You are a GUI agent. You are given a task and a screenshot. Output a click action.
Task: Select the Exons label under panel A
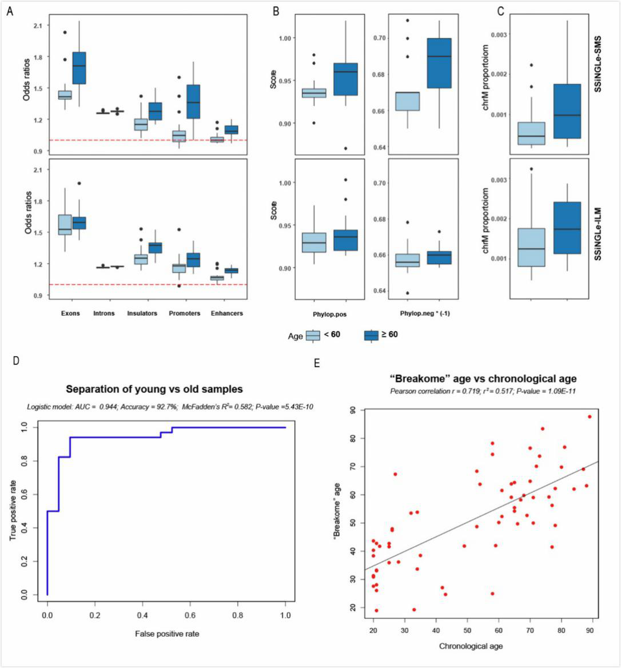coord(70,313)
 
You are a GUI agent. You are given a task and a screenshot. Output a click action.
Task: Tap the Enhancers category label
coord(226,313)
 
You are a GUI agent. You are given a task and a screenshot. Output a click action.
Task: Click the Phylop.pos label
coord(331,314)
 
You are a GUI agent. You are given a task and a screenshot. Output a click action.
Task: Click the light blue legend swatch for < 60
coord(313,335)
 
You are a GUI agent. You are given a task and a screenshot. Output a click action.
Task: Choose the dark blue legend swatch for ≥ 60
coord(372,335)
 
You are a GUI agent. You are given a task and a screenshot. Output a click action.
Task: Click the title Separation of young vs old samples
coord(154,389)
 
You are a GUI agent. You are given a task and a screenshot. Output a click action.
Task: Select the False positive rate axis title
coord(167,633)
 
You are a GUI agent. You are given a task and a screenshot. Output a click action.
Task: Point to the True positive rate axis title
coord(12,510)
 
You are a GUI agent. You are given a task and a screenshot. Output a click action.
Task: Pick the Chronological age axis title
coord(471,646)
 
